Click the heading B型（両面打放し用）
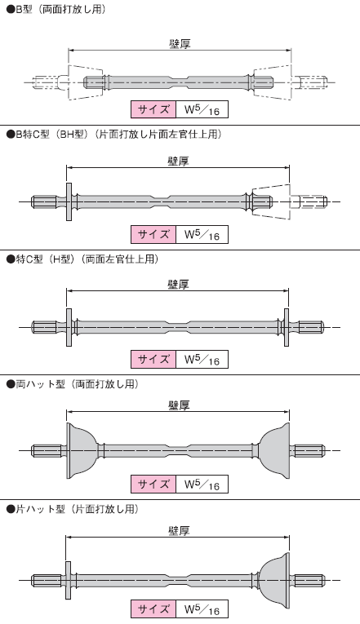click(56, 9)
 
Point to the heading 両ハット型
click(36, 384)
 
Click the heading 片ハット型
click(36, 509)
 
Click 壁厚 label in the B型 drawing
click(180, 43)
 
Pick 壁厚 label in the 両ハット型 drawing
click(179, 405)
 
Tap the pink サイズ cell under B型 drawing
click(153, 109)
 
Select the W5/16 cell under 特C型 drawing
click(202, 360)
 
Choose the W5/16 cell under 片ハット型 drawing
click(202, 609)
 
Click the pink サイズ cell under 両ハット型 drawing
click(153, 484)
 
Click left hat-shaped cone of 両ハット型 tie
click(82, 450)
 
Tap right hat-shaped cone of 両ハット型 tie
click(274, 450)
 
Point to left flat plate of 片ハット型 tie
click(68, 580)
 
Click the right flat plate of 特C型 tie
click(287, 327)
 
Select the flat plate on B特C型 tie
click(69, 201)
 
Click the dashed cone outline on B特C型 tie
click(270, 201)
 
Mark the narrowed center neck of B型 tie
click(180, 82)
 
